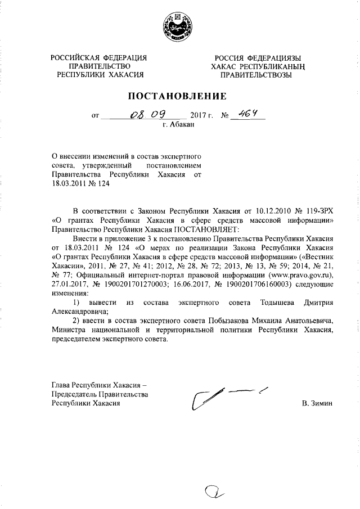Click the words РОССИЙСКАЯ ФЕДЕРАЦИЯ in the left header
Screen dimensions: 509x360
[99, 58]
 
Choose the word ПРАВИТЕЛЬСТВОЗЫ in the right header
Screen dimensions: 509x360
[256, 74]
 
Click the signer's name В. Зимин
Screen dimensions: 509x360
[317, 404]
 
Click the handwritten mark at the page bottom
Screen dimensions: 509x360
[213, 493]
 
